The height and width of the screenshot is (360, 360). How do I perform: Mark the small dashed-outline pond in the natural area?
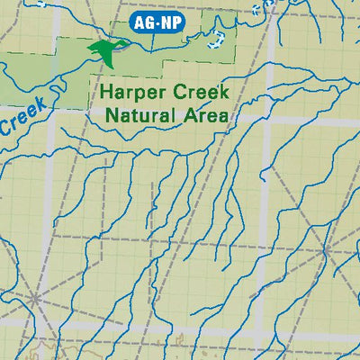pos(215,39)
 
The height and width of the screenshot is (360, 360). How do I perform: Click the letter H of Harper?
pos(105,92)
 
